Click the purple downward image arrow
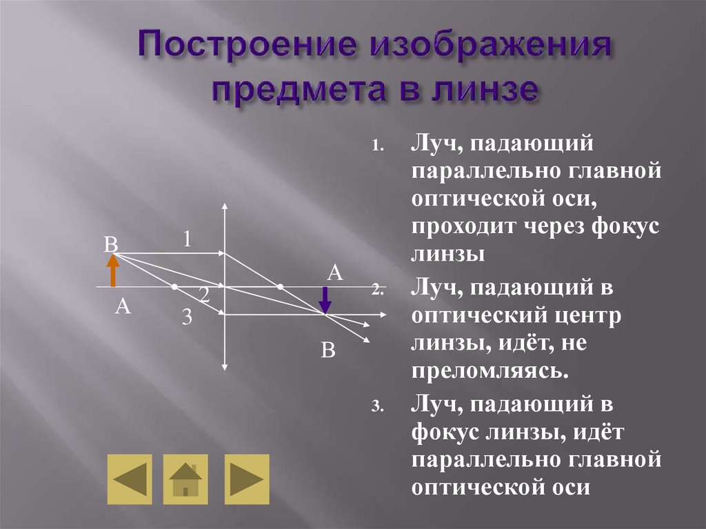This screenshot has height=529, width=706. click(x=325, y=298)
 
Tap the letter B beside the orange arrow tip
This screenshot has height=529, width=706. click(x=110, y=245)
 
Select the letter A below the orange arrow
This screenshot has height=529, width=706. click(x=123, y=307)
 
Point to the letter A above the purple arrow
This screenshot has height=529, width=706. click(x=334, y=272)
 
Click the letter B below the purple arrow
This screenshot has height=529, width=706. click(x=328, y=351)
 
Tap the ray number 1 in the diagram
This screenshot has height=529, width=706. click(x=187, y=239)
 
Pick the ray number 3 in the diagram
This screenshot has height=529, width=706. click(x=188, y=317)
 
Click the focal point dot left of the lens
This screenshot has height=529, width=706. click(x=175, y=286)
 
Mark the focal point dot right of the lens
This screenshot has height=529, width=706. click(x=280, y=286)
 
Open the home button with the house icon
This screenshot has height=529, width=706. click(x=185, y=479)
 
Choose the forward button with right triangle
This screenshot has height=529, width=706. click(x=246, y=479)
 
